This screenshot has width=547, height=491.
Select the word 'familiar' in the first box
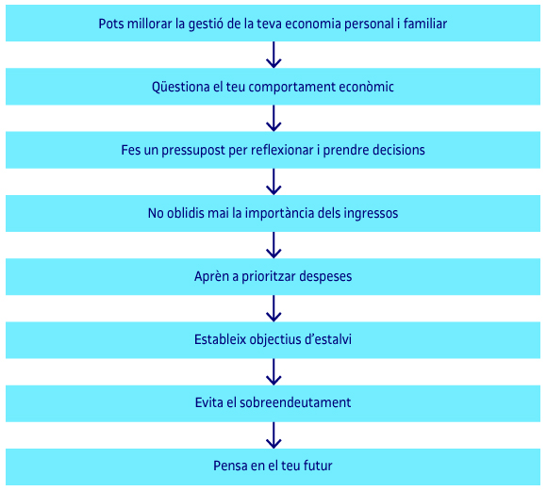(425, 24)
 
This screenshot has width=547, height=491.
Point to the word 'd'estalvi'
(328, 339)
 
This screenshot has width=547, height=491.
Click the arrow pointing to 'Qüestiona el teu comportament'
(273, 55)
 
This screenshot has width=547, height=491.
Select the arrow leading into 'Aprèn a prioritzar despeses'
(273, 245)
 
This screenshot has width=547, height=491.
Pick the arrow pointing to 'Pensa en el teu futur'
(273, 435)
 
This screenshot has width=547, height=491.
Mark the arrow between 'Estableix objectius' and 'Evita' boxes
(273, 372)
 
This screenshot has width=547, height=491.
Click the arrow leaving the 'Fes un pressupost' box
(273, 182)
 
